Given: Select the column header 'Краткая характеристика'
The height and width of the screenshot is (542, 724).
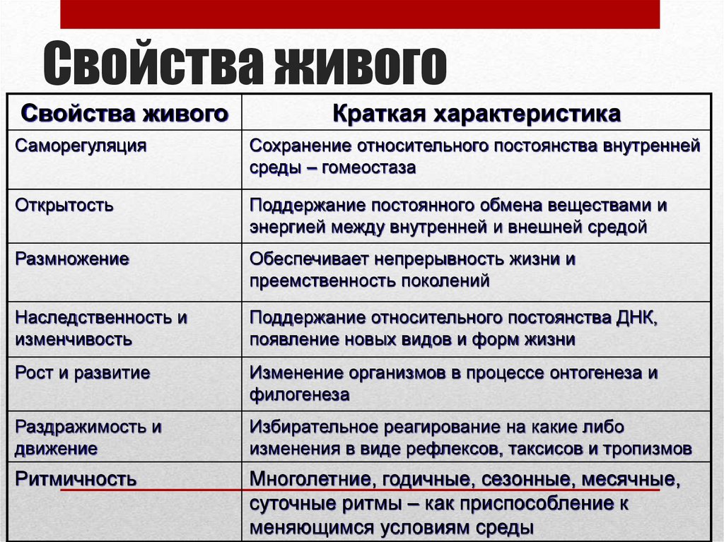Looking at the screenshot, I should pos(477,114).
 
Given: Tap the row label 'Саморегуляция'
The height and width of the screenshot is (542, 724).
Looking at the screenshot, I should pos(81,146).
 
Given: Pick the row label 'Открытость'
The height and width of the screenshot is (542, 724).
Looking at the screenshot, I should pos(64,206).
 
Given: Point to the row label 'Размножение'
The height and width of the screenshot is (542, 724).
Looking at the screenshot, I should pos(72,259).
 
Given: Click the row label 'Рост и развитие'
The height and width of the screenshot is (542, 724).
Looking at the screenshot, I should pos(83,372).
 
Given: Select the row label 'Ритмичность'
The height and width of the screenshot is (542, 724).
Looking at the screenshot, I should pos(76,479).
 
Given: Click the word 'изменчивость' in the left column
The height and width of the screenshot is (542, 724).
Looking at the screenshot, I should pos(74,339).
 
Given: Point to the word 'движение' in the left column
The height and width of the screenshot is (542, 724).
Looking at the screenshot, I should pos(57,449).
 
